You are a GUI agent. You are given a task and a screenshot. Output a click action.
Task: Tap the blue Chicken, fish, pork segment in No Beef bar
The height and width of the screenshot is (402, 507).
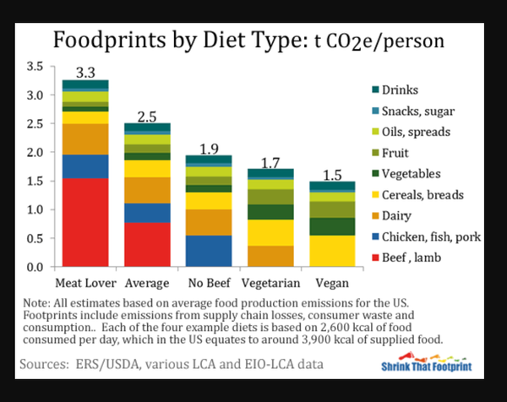click(209, 251)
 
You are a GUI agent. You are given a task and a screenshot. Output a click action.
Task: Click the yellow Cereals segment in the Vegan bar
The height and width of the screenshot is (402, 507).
click(332, 251)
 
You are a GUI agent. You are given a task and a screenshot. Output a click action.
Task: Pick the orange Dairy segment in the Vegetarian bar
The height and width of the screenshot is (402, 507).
click(270, 256)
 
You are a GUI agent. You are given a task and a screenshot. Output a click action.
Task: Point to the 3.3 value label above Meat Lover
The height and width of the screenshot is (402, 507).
click(85, 71)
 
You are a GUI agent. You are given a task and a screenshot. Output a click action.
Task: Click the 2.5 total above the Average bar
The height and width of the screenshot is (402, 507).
click(148, 115)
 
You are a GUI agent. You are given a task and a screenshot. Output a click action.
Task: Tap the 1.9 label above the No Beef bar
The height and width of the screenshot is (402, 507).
click(209, 149)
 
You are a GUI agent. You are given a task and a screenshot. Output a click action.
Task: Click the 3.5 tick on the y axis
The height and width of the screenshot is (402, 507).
click(35, 66)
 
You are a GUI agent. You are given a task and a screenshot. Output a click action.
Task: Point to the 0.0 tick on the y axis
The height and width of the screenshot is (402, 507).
click(35, 267)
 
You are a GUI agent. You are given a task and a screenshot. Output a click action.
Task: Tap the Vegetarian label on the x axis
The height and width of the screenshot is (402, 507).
click(270, 282)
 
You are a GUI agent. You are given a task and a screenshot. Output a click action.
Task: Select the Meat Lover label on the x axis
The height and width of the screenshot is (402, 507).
click(85, 282)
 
